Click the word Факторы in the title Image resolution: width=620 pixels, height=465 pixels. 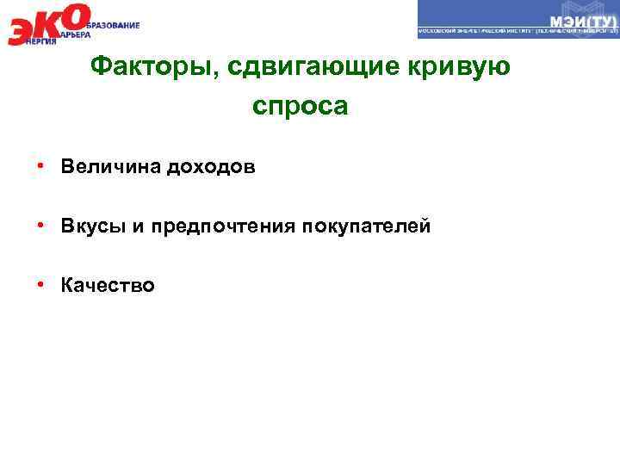(x=135, y=66)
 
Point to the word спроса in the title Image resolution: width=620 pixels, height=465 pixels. (x=301, y=107)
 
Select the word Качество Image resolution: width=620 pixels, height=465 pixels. (x=108, y=285)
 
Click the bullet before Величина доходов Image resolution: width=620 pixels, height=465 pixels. (x=40, y=166)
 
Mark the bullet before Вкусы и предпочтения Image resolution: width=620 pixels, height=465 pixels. (x=40, y=226)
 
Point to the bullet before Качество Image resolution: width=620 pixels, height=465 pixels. (x=40, y=285)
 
